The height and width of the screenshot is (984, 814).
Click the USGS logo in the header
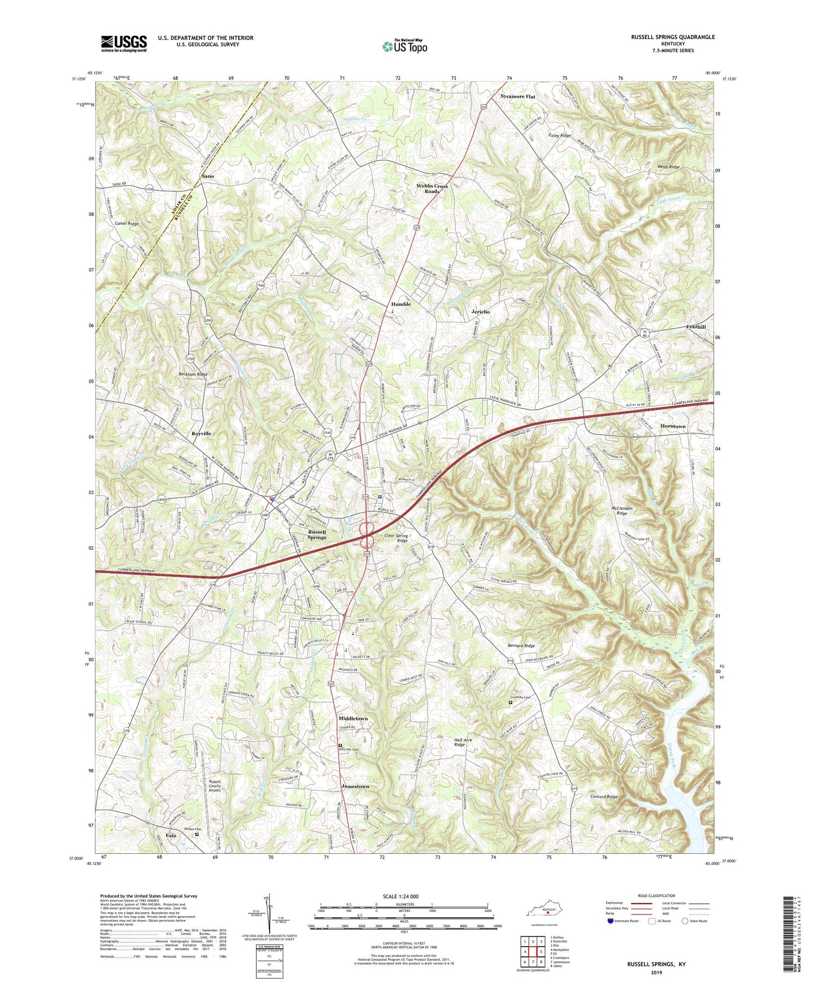tap(123, 43)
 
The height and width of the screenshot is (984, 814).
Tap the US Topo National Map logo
tap(404, 46)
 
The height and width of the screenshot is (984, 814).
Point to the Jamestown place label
tap(355, 786)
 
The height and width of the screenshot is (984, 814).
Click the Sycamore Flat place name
tap(517, 96)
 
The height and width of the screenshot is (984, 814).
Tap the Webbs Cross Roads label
tap(433, 188)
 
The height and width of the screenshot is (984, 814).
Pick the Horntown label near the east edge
tap(672, 426)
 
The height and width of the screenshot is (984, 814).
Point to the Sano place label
tap(207, 176)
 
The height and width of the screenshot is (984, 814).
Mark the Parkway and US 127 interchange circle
tap(367, 528)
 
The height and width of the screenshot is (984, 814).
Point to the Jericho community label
tap(479, 312)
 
